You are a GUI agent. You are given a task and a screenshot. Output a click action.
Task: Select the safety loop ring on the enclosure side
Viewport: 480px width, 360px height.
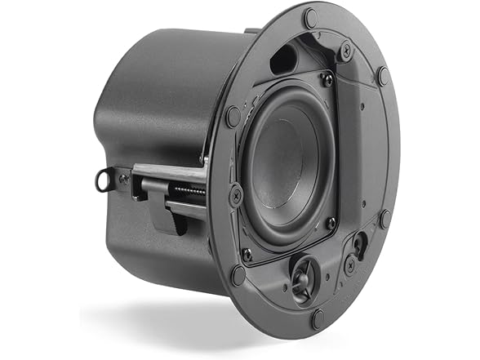pyautogui.click(x=103, y=179)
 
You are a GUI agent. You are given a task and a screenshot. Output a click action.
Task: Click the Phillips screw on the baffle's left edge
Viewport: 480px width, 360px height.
pyautogui.click(x=235, y=194)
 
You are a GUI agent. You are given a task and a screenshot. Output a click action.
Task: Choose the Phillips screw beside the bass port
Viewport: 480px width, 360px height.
pyautogui.click(x=344, y=51)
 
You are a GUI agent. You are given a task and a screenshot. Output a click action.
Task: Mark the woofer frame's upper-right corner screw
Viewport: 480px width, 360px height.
pyautogui.click(x=327, y=79)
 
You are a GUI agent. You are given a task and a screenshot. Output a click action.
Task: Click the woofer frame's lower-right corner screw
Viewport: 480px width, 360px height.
pyautogui.click(x=330, y=222)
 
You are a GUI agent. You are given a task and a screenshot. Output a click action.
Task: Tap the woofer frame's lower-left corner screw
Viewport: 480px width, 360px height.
pyautogui.click(x=247, y=254)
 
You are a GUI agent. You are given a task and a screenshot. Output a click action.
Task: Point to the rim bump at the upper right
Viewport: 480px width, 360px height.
pyautogui.click(x=383, y=76)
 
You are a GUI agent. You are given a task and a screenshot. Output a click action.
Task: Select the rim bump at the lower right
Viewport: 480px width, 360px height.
pyautogui.click(x=384, y=219)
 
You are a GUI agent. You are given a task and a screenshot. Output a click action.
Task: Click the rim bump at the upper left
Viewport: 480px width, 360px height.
pyautogui.click(x=233, y=115)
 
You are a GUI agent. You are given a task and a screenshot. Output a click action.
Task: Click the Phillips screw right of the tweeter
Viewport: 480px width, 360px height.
pyautogui.click(x=349, y=264)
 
